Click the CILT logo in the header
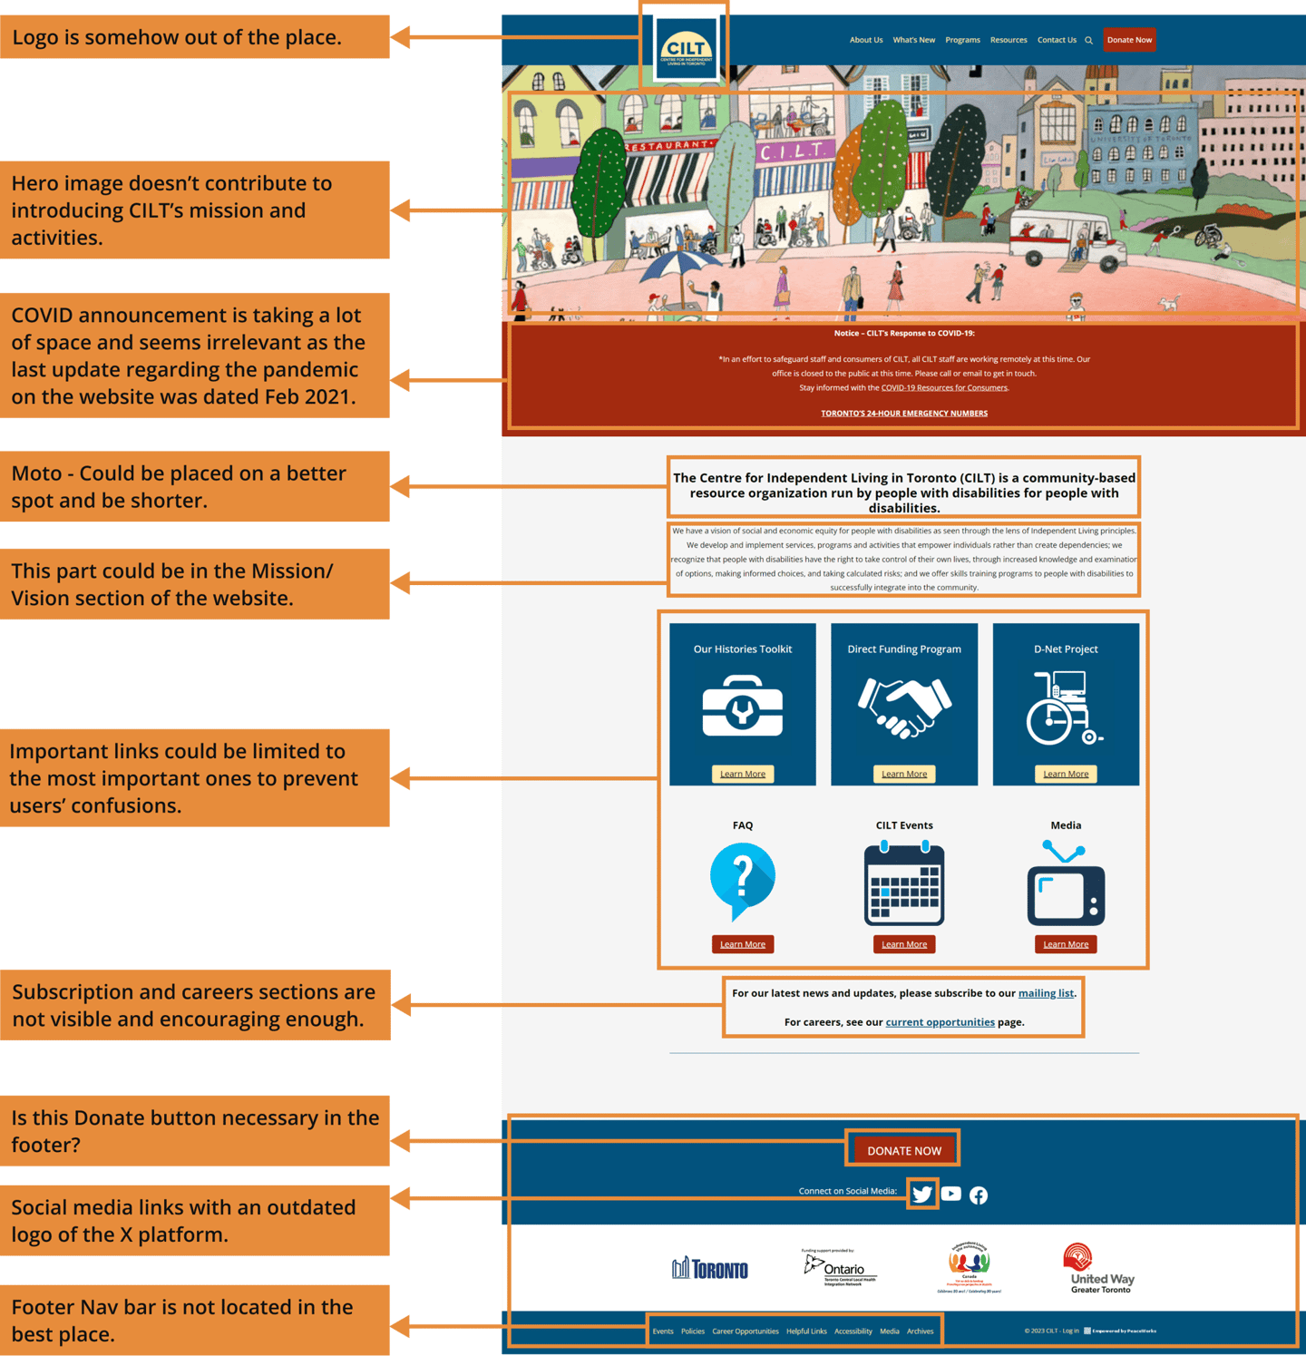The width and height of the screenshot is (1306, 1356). (686, 48)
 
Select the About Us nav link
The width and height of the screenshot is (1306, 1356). (865, 40)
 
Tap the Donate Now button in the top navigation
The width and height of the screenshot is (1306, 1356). (1129, 40)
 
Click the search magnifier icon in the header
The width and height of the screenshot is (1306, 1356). (1088, 40)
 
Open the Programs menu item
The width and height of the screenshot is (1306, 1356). (962, 40)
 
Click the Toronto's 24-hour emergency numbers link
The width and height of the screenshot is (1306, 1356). (904, 414)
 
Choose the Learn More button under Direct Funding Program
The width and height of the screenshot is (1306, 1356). (904, 774)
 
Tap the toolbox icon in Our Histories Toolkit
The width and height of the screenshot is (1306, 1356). (742, 707)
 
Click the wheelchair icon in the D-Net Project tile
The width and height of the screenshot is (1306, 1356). (1064, 707)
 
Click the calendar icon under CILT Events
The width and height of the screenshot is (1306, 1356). (904, 883)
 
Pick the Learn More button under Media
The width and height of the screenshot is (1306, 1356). (1066, 944)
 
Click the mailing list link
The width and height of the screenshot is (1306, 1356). (1046, 993)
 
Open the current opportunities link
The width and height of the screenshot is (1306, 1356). (940, 1022)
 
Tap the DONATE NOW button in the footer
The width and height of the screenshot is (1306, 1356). (904, 1150)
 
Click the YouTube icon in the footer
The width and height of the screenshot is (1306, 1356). (950, 1194)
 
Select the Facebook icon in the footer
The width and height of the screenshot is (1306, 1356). (979, 1195)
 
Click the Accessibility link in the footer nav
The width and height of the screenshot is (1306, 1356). (853, 1332)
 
